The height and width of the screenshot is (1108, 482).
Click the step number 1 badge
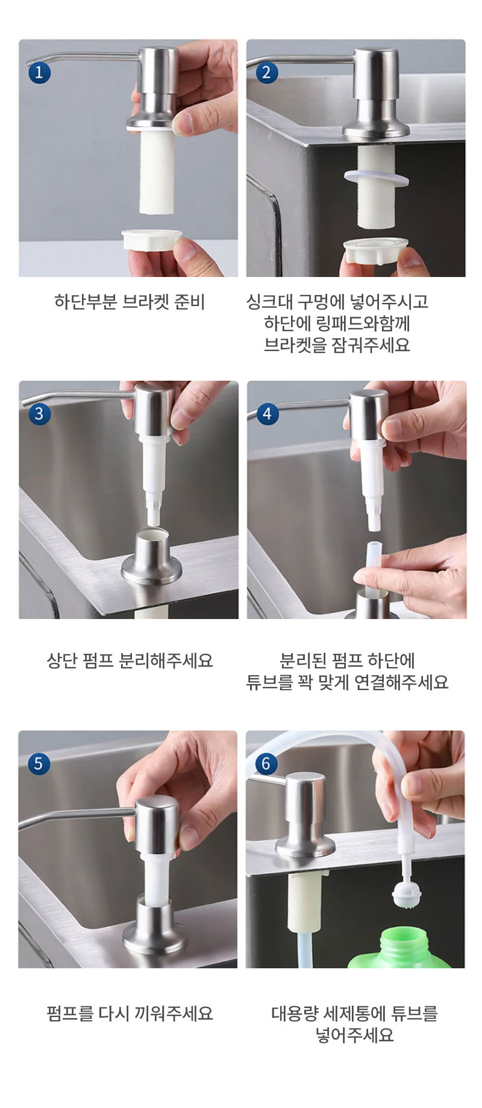pos(39,73)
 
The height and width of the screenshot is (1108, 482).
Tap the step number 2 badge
pos(267,73)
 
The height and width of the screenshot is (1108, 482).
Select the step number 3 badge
pos(39,414)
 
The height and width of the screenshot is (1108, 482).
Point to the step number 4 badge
pos(267,414)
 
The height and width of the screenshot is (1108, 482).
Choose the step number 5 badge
pos(39,764)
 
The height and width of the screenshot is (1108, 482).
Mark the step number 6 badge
pos(267,764)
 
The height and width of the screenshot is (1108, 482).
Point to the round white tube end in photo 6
pos(403,895)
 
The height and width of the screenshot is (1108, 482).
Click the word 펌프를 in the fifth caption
pos(70,1013)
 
